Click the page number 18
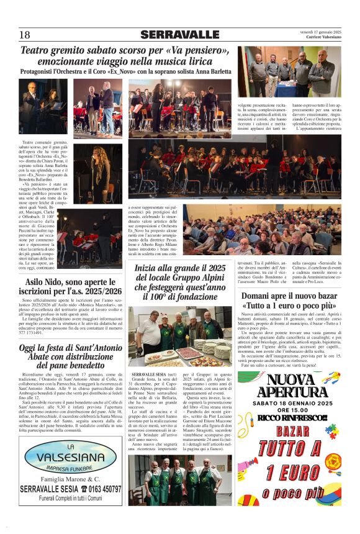[25, 35]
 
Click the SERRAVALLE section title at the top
[179, 35]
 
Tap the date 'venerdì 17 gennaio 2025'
[320, 31]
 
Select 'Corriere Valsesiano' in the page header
[323, 38]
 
